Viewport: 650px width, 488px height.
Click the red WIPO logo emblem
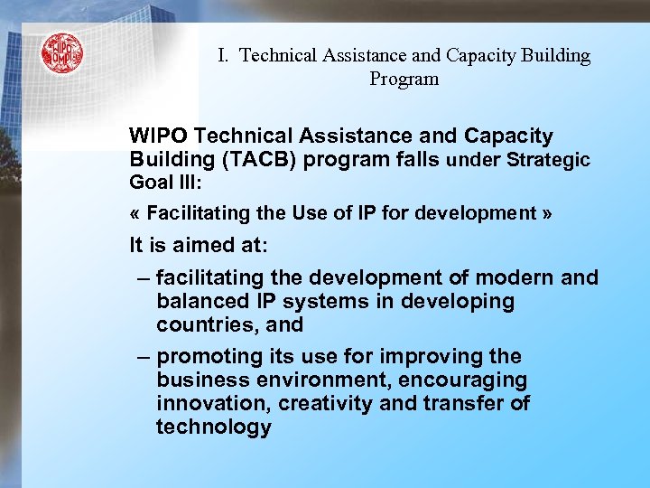click(61, 53)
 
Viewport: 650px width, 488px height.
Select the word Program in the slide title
click(404, 80)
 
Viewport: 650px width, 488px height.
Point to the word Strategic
click(549, 161)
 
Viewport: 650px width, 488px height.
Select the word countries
click(200, 324)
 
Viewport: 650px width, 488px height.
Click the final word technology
click(213, 427)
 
